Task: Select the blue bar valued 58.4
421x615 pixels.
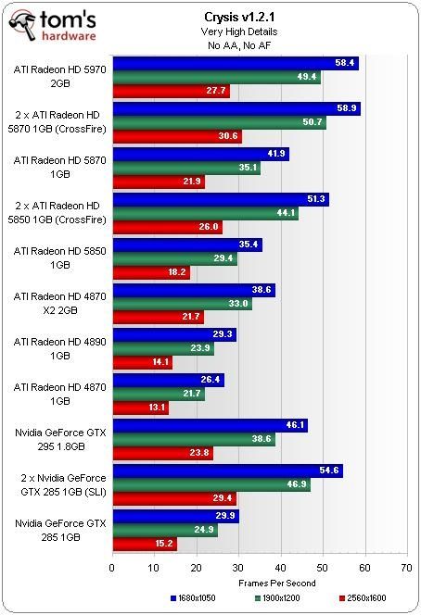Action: coord(235,64)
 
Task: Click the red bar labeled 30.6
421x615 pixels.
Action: coord(176,136)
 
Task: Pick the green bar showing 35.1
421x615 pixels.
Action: coord(185,169)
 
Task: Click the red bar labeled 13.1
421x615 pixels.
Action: coord(140,408)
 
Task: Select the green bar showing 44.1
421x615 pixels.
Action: coord(205,214)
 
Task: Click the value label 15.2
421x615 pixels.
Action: coord(163,544)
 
